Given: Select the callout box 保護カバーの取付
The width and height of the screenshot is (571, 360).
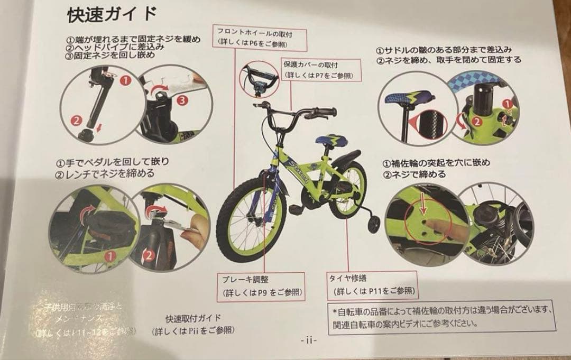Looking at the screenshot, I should [321, 70].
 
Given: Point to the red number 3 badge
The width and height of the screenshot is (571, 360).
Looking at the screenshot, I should [182, 99].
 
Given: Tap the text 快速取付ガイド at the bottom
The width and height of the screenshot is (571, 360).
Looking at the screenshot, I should [193, 318].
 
